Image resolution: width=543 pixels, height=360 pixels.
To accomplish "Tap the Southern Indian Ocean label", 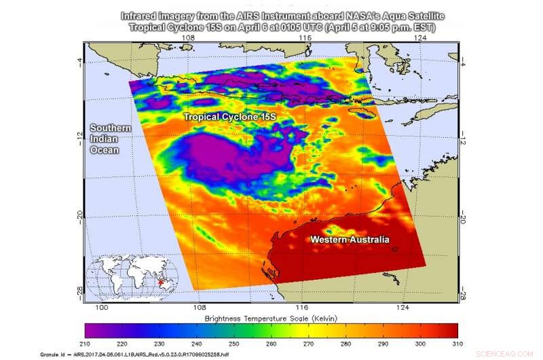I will [x=105, y=139].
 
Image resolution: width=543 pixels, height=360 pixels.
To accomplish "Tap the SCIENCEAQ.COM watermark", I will [x=516, y=354].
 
